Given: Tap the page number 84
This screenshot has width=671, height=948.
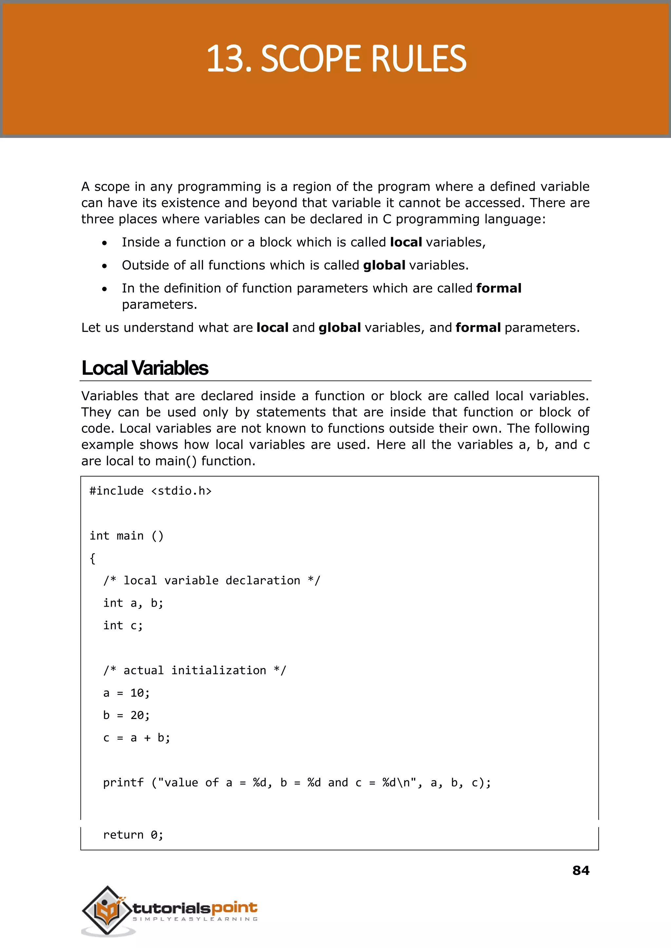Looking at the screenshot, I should [581, 870].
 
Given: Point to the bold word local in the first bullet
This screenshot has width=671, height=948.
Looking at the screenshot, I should [406, 242].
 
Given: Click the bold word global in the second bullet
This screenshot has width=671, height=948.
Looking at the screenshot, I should [384, 265].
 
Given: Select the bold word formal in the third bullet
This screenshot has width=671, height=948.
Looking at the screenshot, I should [498, 288].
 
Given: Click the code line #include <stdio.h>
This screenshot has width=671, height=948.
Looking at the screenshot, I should [150, 491].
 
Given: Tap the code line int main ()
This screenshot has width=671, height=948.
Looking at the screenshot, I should [126, 536].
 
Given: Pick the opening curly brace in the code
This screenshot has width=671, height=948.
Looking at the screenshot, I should [92, 559].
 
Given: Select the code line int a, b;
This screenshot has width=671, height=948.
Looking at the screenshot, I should [133, 603].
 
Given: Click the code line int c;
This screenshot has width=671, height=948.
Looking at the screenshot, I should [123, 625].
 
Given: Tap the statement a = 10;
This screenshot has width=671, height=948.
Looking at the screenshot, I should [126, 693].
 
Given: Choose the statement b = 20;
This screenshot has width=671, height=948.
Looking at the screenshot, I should [126, 715].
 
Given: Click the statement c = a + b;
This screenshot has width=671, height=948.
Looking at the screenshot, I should [136, 738].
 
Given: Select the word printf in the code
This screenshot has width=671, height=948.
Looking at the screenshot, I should [123, 783].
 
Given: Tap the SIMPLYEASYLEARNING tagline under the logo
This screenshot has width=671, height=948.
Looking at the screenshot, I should [195, 919].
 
